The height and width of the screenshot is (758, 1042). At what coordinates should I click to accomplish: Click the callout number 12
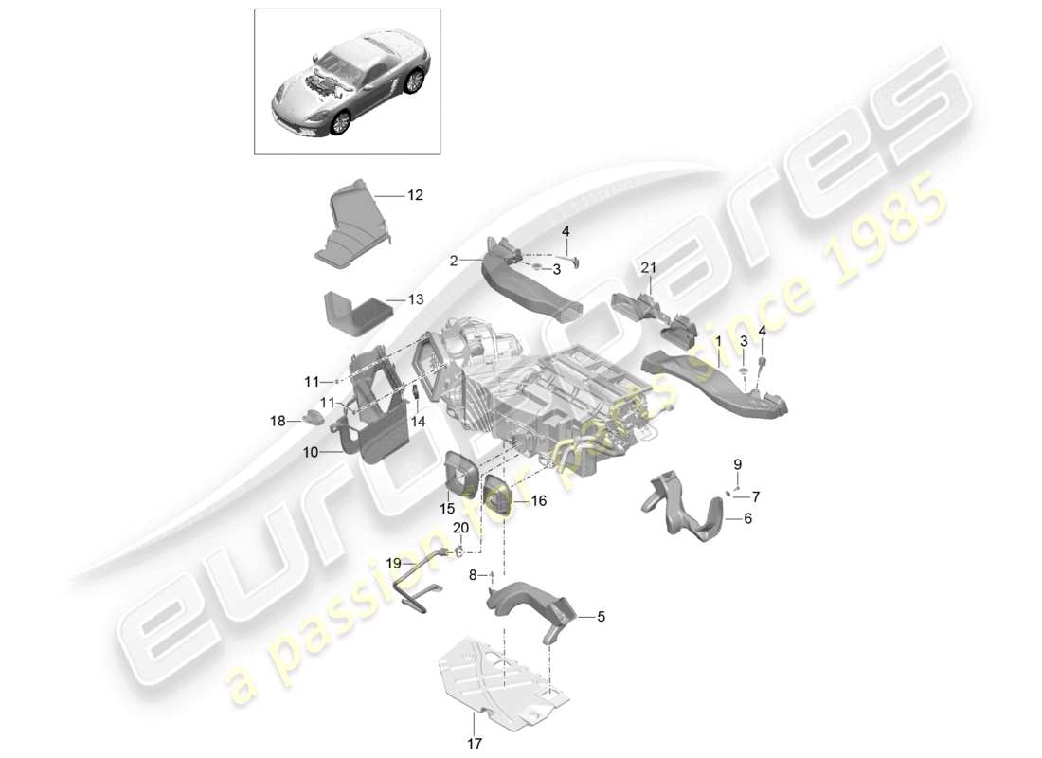(415, 195)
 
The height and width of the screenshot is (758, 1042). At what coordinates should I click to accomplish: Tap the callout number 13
(415, 299)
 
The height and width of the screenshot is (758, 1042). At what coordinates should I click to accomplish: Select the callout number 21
(648, 269)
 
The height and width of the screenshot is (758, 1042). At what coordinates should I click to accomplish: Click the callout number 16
(538, 500)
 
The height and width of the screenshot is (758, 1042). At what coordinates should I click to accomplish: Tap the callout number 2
(454, 260)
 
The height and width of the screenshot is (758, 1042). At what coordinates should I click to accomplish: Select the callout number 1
(718, 339)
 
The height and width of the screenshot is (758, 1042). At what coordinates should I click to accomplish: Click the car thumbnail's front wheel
(336, 122)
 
